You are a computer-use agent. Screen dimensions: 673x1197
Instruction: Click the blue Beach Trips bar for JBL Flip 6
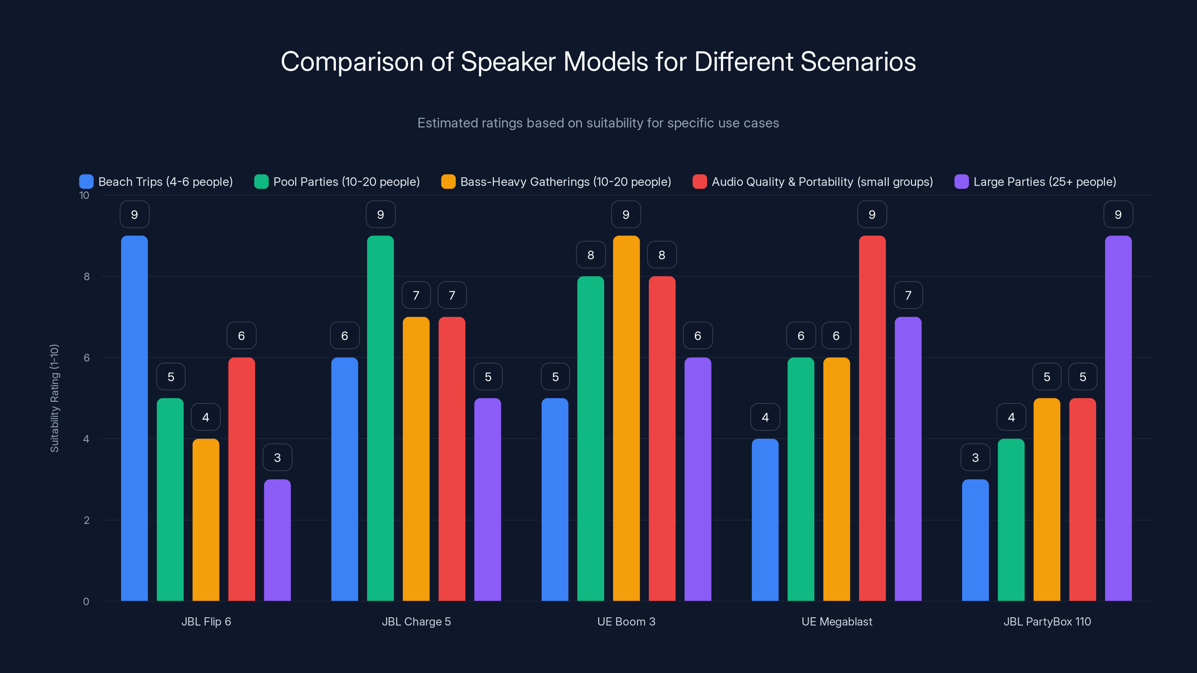134,418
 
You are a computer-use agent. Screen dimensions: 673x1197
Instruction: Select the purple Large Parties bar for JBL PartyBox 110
1118,418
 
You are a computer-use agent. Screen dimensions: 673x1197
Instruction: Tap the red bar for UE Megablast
872,418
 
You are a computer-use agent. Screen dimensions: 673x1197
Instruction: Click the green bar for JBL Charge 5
380,418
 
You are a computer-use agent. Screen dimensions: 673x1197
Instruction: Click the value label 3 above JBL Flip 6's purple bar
278,458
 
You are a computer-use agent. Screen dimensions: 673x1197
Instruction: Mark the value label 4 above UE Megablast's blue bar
765,417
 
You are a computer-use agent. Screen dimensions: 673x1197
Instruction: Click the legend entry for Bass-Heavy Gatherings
556,182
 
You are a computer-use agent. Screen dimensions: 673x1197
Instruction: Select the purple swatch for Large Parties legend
961,182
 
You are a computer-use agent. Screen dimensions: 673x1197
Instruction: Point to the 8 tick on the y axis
86,276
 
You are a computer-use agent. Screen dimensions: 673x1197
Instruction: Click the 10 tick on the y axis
84,195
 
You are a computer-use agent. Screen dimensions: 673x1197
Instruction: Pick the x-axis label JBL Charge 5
416,621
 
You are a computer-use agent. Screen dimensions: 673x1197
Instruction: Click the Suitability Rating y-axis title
54,398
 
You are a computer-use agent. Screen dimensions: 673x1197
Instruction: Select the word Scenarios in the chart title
858,61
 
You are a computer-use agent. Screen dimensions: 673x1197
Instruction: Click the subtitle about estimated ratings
598,123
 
